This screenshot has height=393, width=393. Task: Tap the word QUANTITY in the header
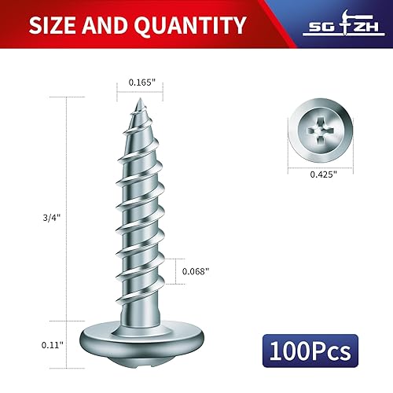189,24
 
